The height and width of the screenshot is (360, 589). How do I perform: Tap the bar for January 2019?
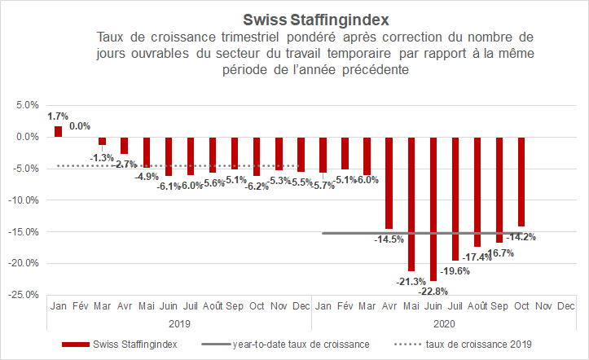click(58, 131)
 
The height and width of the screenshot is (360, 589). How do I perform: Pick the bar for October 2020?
click(521, 182)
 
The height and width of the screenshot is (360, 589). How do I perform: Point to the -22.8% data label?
click(433, 291)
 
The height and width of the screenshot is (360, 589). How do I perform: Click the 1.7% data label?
click(58, 116)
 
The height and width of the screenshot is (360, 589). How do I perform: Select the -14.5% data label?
click(389, 239)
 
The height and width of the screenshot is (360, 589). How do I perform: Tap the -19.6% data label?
click(455, 270)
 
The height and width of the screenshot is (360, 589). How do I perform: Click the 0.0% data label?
click(80, 126)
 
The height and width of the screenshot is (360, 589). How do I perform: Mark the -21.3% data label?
click(411, 281)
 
